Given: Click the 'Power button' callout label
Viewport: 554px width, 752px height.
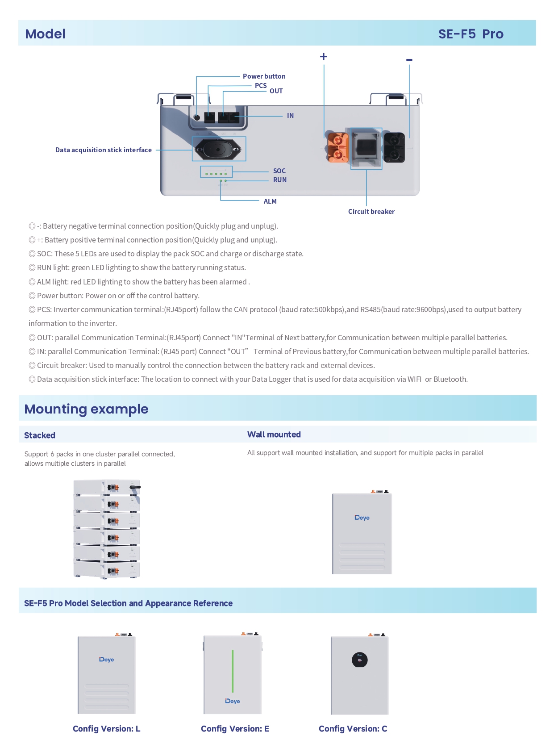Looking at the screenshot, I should coord(264,76).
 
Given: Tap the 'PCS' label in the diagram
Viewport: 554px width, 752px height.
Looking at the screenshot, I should coord(261,85).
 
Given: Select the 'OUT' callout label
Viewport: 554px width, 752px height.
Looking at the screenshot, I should coord(276,91).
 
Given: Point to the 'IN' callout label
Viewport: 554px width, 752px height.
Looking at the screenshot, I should coord(290,116).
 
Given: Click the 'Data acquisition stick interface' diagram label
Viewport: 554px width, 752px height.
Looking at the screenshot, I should coord(103,150).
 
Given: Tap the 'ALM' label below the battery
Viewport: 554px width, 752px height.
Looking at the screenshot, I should coord(270,201).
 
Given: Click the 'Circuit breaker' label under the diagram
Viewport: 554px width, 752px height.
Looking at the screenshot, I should coord(371,212).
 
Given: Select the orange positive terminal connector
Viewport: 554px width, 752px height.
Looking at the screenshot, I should coord(338,147).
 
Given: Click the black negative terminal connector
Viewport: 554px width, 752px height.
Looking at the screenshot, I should coord(394,147).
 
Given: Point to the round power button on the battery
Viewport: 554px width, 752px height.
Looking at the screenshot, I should coord(197,118).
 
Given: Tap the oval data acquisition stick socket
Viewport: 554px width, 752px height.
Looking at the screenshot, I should coord(218,149).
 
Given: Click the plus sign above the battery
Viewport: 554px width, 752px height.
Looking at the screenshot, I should coord(324,56).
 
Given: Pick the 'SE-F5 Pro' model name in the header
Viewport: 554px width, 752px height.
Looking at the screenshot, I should coord(471,34).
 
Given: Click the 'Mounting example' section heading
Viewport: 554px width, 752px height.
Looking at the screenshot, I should coord(86,409).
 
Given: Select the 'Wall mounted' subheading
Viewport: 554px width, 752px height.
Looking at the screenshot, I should coord(274,434).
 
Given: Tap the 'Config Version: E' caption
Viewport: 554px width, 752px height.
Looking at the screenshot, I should coord(235,729).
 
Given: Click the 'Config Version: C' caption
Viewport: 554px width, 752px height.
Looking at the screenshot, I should coord(353,729).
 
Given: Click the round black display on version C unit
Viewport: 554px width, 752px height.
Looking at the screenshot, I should coord(359,660).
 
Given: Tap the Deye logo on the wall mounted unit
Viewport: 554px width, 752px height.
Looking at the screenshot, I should coord(362,518).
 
